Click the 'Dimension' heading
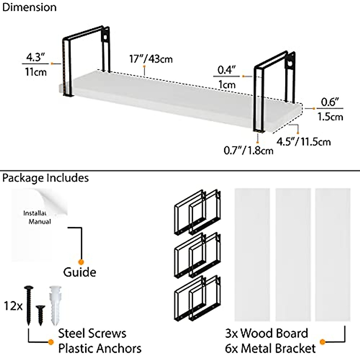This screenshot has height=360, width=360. (x=29, y=7)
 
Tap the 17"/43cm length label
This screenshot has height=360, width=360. (x=151, y=59)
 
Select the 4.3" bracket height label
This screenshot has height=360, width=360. (x=35, y=57)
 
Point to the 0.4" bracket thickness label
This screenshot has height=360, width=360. (x=226, y=70)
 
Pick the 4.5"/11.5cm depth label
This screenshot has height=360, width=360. (x=303, y=142)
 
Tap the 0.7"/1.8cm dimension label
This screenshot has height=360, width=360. (x=248, y=150)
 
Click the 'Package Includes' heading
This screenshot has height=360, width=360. (x=45, y=178)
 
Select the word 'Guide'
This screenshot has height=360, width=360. (x=79, y=272)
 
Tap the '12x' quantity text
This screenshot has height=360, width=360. (x=13, y=306)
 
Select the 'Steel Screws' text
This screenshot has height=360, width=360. (x=92, y=333)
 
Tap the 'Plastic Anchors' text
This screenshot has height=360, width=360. (x=100, y=349)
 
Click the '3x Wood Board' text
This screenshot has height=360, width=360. (x=266, y=333)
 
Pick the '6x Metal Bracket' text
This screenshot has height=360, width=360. (x=270, y=349)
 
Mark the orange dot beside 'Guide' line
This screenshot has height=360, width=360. (x=81, y=262)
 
